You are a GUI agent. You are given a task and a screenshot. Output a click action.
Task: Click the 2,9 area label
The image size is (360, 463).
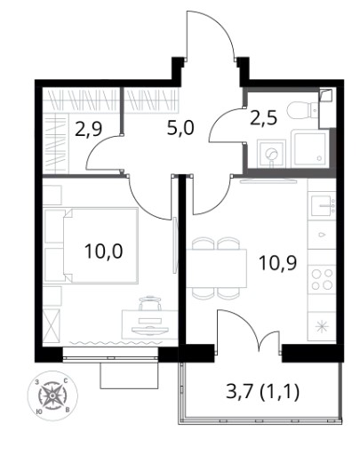88,130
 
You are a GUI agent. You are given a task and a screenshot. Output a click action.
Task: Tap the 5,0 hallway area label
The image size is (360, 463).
180,129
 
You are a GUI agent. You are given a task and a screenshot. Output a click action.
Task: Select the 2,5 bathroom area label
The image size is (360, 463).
263,117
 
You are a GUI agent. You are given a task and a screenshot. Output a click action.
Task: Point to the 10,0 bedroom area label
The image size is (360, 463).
103,251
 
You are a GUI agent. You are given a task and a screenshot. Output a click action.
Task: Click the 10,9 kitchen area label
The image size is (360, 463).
277,263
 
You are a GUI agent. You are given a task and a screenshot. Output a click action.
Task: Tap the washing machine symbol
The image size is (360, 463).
271,154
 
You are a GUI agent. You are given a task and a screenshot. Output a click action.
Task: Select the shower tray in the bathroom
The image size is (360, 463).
309,149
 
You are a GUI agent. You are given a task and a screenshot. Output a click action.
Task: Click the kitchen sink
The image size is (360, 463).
323,205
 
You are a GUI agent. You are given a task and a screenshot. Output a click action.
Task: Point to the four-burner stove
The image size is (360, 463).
322,279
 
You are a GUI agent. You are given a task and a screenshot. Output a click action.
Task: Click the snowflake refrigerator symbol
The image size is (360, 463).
322,326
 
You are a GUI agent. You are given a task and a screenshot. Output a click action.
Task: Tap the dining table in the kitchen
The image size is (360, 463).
217,268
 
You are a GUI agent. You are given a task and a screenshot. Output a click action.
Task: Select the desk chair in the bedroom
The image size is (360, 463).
150,303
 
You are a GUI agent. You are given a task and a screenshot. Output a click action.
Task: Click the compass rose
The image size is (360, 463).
52,395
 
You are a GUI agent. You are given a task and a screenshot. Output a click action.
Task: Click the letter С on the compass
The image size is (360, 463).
66,382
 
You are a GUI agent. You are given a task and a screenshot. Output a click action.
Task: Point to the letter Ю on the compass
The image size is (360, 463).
38,411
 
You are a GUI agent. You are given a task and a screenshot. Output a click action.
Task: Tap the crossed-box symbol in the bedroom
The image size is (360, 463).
52,326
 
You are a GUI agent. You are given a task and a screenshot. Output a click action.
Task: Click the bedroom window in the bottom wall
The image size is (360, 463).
110,355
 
